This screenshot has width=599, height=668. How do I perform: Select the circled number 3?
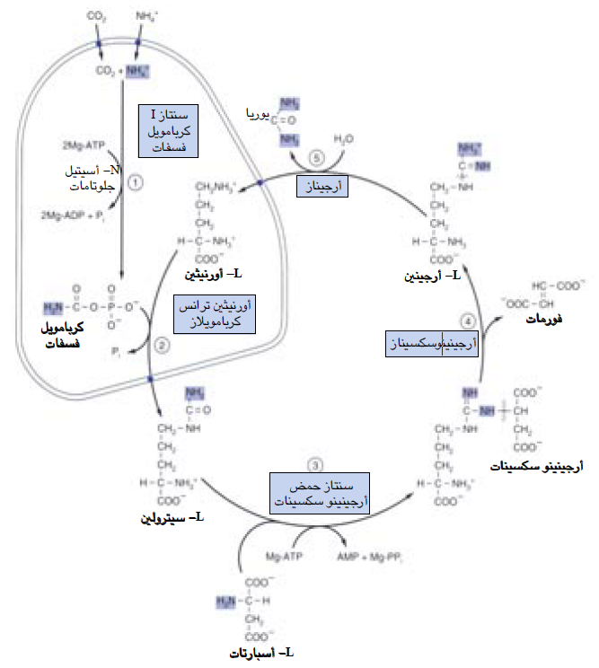(x=315, y=465)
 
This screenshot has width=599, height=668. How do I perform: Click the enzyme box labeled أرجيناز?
(x=322, y=185)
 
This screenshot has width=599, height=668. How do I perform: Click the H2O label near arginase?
(x=344, y=139)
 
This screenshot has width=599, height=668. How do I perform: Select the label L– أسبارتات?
(x=256, y=652)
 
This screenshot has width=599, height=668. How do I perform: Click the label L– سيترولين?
(x=174, y=519)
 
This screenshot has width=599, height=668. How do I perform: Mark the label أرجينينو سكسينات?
(x=537, y=468)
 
